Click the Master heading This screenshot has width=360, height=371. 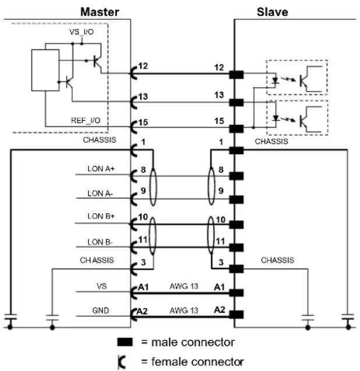click(x=100, y=12)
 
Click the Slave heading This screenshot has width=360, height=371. click(x=273, y=12)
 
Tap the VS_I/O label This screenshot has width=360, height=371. click(x=82, y=31)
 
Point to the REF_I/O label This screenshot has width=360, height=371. click(x=86, y=121)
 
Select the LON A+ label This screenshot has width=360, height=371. click(x=101, y=169)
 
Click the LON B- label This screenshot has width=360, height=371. click(x=100, y=242)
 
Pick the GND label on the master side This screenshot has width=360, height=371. click(x=101, y=310)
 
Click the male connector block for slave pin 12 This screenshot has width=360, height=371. click(x=236, y=75)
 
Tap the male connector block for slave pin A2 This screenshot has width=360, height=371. click(x=236, y=315)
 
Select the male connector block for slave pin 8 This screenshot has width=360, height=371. click(x=236, y=176)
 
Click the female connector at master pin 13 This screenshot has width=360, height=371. click(x=134, y=103)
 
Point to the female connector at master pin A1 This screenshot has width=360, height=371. click(x=134, y=293)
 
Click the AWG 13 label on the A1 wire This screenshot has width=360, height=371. click(x=183, y=287)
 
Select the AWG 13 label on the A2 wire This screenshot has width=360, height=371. click(x=183, y=310)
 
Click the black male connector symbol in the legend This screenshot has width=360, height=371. click(x=125, y=342)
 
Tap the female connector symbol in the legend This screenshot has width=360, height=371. click(x=122, y=362)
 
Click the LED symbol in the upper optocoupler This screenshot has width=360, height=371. click(x=275, y=81)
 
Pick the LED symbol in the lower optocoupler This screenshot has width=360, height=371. click(x=276, y=118)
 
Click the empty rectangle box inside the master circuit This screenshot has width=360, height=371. click(x=45, y=70)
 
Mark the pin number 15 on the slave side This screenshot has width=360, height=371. click(x=219, y=121)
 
